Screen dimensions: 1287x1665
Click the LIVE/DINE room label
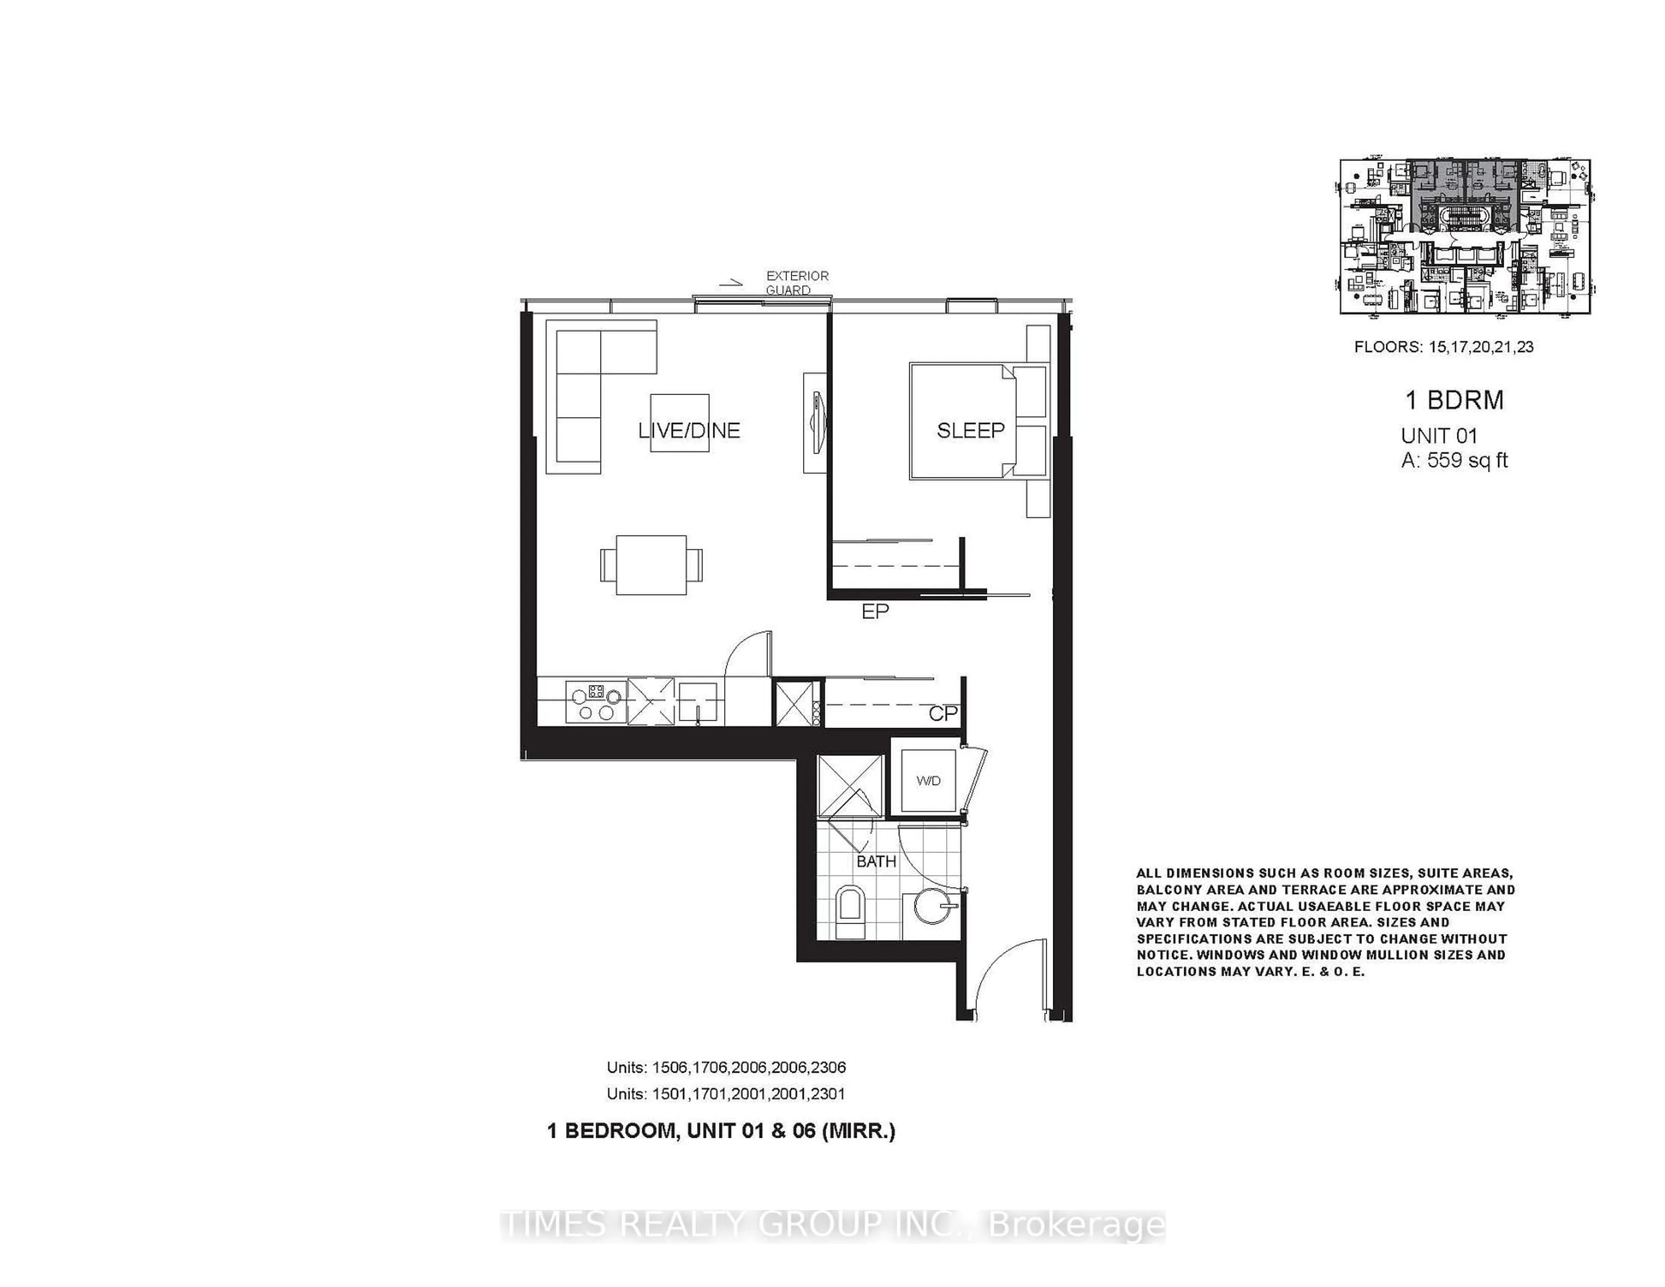click(x=689, y=431)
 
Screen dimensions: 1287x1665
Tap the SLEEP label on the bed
click(x=970, y=431)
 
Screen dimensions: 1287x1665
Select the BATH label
click(x=876, y=862)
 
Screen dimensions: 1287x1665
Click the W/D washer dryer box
click(x=928, y=781)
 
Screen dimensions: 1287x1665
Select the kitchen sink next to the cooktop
click(x=698, y=702)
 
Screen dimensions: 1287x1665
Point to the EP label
click(x=875, y=611)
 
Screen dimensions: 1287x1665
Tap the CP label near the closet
click(x=943, y=714)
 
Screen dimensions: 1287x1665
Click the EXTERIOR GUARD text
click(x=797, y=283)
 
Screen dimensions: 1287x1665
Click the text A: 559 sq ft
click(x=1454, y=461)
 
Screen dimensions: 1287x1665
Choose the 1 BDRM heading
click(x=1454, y=400)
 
